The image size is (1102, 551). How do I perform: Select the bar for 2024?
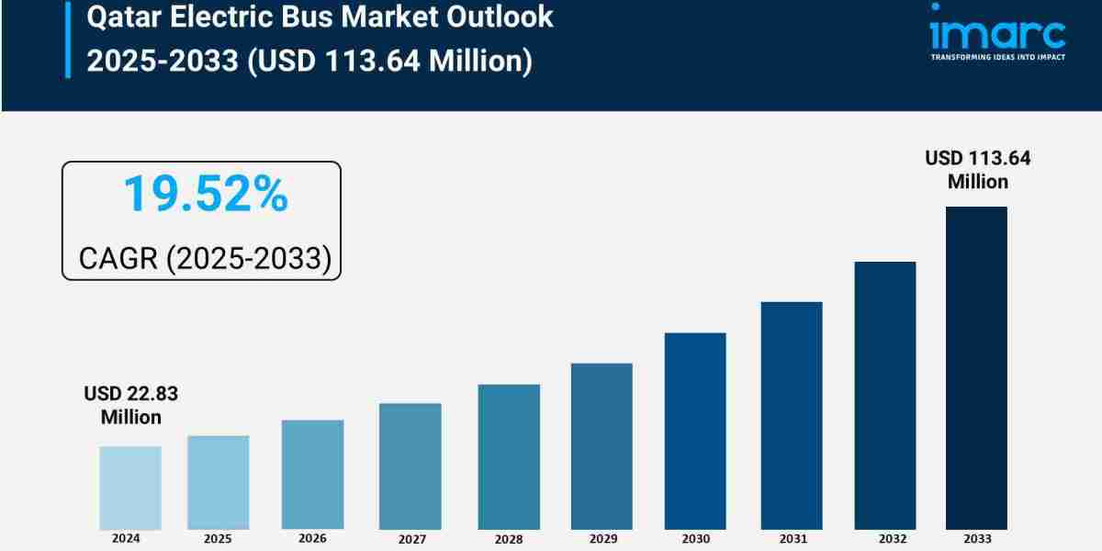(129, 488)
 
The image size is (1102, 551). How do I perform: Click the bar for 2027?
(410, 466)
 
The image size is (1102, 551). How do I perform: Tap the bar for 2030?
(695, 431)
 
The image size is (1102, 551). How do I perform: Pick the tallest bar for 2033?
(976, 367)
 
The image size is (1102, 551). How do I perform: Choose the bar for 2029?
(602, 446)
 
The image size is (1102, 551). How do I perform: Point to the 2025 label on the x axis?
(218, 539)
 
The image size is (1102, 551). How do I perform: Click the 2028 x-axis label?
(509, 540)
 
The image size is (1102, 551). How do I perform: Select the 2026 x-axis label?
(312, 539)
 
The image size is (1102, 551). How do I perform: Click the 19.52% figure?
(205, 195)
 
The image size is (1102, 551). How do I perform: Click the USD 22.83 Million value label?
(130, 405)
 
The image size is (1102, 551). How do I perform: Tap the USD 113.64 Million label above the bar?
(977, 170)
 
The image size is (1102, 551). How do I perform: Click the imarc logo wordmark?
(997, 33)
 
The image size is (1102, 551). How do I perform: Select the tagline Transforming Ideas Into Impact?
(997, 57)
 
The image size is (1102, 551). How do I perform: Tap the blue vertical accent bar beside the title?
(67, 39)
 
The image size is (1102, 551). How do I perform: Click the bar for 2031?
(791, 415)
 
